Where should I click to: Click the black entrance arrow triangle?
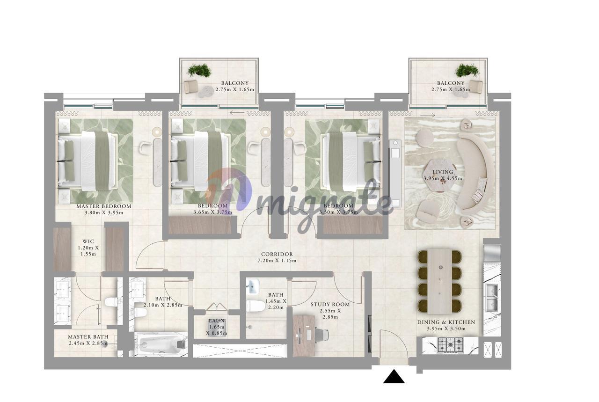click(x=394, y=377)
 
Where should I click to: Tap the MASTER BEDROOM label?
click(x=104, y=206)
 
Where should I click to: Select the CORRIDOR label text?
click(x=277, y=254)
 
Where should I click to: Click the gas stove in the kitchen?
click(x=450, y=345)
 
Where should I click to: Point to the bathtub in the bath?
click(x=161, y=344)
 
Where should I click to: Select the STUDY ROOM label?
click(x=330, y=304)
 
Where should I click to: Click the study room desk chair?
click(x=321, y=335)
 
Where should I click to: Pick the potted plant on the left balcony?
click(x=199, y=70)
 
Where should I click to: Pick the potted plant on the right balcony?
click(x=467, y=70)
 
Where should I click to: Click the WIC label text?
click(x=88, y=241)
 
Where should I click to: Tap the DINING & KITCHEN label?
click(x=446, y=322)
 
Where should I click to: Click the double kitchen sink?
click(x=492, y=298)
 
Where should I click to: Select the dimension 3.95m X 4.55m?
click(x=443, y=178)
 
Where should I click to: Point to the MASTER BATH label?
click(x=88, y=337)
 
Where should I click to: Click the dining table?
click(x=440, y=281)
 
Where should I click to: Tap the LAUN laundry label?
click(x=217, y=321)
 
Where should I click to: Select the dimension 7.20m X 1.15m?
click(x=277, y=261)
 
